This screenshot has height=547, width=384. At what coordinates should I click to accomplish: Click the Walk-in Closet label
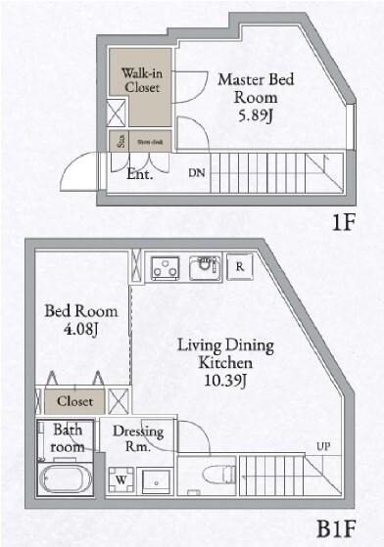tap(141, 79)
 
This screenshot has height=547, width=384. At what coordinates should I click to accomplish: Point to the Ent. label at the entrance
tap(140, 176)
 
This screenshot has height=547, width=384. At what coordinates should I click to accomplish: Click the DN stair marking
tap(197, 173)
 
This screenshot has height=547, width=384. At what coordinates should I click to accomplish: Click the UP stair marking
tap(322, 447)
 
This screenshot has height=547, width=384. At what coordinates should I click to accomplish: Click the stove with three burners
tap(163, 266)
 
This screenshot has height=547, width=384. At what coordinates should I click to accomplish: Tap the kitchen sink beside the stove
tap(206, 265)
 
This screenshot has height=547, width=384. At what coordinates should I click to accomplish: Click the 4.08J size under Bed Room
tap(82, 330)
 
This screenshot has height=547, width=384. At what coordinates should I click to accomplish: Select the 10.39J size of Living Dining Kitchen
tap(225, 380)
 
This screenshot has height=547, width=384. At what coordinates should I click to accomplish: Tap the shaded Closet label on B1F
tap(74, 401)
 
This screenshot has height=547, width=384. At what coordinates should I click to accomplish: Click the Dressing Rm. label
tap(137, 439)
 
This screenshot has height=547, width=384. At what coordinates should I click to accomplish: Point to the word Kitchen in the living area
tap(225, 362)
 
